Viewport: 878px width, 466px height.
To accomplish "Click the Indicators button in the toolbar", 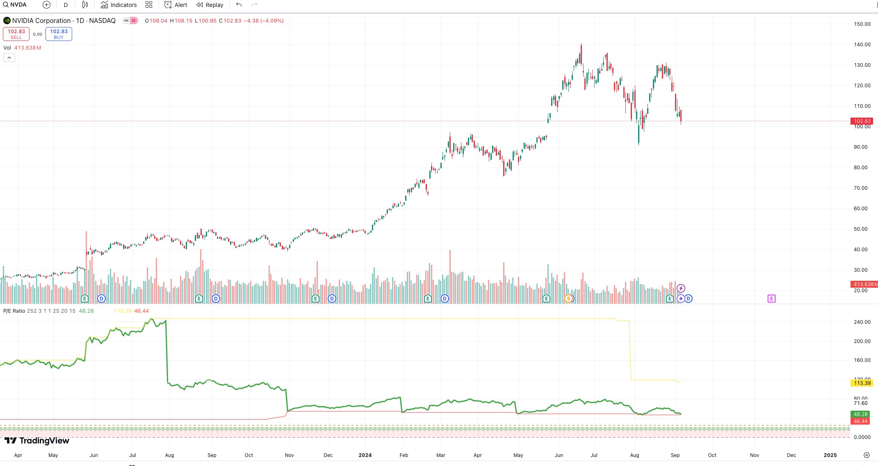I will coord(119,5).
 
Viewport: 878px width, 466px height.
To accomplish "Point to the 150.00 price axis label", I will coord(862,24).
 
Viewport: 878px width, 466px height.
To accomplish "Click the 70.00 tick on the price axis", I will coord(860,188).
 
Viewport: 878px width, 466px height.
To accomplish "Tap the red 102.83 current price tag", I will coord(862,121).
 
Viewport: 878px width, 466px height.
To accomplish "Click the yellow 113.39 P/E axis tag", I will coord(862,383).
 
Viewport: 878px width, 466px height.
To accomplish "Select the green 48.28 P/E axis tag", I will coord(860,414).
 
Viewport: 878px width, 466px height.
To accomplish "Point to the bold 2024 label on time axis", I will coord(365,455).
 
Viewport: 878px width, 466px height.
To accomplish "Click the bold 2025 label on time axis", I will coord(830,455).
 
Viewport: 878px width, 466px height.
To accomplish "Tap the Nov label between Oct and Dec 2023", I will coord(290,455).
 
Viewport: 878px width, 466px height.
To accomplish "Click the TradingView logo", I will coord(37,441).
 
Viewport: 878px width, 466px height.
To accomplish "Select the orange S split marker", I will coord(568,299).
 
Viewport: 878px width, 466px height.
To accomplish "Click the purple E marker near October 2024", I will coord(771,299).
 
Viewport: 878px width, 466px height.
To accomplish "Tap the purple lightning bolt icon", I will coord(681,289).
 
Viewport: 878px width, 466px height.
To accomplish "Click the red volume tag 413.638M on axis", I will coord(864,284).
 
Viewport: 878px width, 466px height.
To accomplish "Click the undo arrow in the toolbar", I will coord(239,5).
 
